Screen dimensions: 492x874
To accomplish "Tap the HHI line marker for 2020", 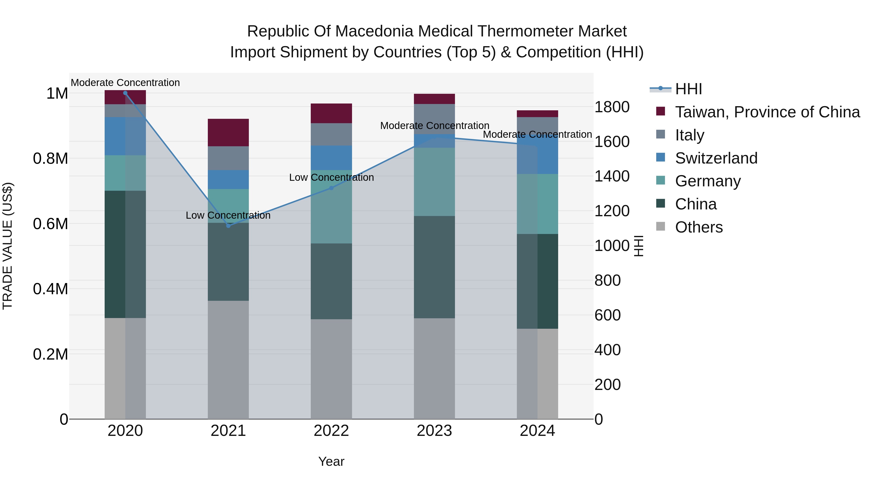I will (125, 93).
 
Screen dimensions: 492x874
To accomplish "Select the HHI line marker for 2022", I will (331, 188).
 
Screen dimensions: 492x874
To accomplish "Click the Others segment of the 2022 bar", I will (331, 369).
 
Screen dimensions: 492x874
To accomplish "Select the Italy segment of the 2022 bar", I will (331, 134).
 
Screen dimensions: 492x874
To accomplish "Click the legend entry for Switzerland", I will (716, 158).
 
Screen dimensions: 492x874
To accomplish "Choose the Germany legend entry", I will (708, 181).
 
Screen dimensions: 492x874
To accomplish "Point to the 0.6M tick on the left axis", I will (50, 224).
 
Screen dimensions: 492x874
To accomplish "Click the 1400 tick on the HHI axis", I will (612, 176).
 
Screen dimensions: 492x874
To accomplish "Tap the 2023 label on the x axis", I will (434, 431).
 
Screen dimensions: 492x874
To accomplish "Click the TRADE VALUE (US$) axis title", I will (8, 246).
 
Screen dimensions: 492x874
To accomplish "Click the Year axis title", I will (331, 461).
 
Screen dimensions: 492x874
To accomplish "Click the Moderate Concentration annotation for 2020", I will (125, 83).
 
